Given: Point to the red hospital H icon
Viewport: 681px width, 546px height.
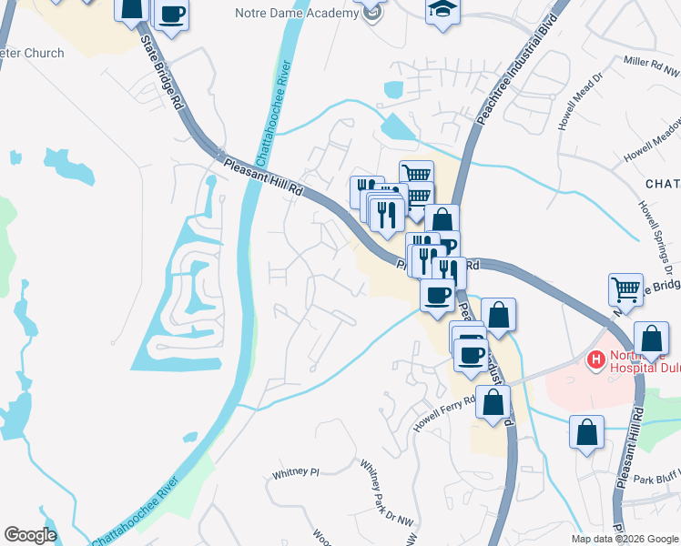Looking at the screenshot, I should [x=596, y=360].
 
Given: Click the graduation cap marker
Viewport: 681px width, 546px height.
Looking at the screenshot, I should [x=442, y=11].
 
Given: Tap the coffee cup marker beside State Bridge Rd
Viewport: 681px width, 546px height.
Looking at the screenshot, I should [x=171, y=14].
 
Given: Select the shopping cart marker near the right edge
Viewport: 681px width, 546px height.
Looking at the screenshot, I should [x=625, y=290].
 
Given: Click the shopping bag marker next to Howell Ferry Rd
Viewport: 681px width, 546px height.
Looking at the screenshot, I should [x=493, y=402].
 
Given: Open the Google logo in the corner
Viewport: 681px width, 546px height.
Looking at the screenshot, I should [x=30, y=535].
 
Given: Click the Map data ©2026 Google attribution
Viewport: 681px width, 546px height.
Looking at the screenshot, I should [x=624, y=539].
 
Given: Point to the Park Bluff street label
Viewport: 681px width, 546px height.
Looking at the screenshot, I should [x=652, y=479].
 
